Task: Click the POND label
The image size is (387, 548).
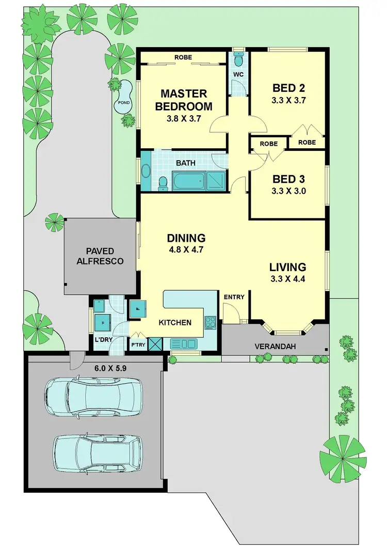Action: tap(124, 103)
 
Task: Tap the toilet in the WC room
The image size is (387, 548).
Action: tap(238, 60)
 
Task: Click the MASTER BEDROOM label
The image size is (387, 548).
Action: tap(184, 100)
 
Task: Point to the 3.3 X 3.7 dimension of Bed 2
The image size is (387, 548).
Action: tap(289, 101)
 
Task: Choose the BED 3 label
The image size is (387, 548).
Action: tap(289, 179)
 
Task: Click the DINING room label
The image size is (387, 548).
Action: tap(186, 238)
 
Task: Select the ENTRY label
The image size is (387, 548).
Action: tap(234, 297)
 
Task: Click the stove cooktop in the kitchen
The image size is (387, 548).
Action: tap(211, 323)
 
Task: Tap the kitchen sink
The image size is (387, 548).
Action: tap(184, 343)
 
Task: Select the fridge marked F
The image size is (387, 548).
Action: tap(138, 309)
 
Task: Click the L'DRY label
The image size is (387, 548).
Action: tap(104, 340)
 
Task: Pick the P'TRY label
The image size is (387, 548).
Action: tap(137, 345)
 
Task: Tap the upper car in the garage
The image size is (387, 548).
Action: tap(93, 397)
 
